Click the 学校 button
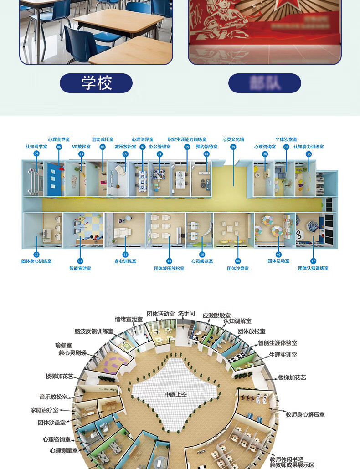coord(96,83)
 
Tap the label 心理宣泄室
coord(59,139)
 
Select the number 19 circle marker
coord(233,147)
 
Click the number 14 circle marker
coord(36,154)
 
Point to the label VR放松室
coord(81,147)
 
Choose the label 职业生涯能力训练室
coord(187,139)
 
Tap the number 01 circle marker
coord(206,154)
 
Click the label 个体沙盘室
coord(286,139)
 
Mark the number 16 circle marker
coord(309,154)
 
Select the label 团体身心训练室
coord(36,261)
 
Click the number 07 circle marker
coord(80,261)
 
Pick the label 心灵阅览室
coord(202,261)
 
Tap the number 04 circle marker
coord(237,261)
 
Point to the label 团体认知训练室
coord(313,268)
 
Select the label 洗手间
coord(186,314)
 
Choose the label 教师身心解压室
coord(305,415)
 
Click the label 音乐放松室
coord(53,397)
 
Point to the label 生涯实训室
coord(283,355)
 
